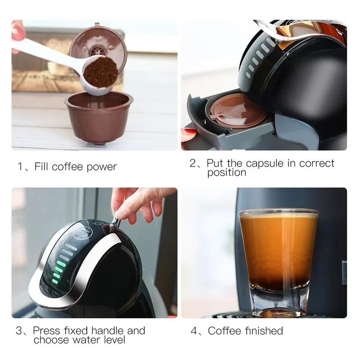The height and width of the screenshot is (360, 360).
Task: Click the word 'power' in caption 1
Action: pos(101,166)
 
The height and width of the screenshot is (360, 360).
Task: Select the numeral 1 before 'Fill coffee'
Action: pos(20,166)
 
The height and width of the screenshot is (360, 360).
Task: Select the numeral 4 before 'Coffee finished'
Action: pos(194,331)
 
